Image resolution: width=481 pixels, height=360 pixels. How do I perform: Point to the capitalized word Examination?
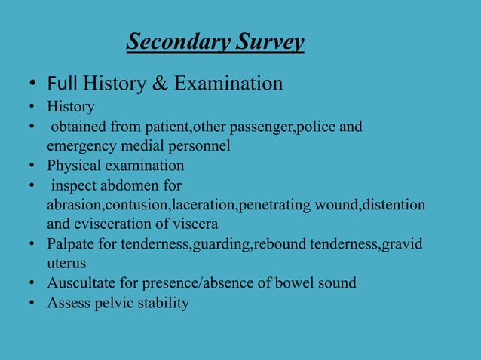[x=228, y=83]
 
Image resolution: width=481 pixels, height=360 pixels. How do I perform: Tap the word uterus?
[x=66, y=264]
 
